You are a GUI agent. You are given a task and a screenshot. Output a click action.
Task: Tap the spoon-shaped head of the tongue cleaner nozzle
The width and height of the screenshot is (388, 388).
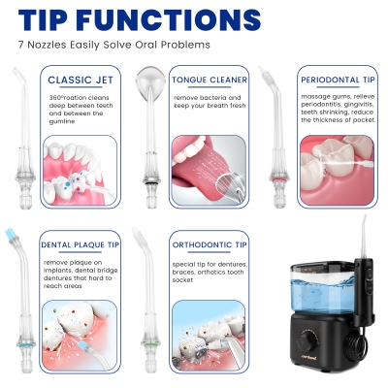(x=149, y=81)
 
